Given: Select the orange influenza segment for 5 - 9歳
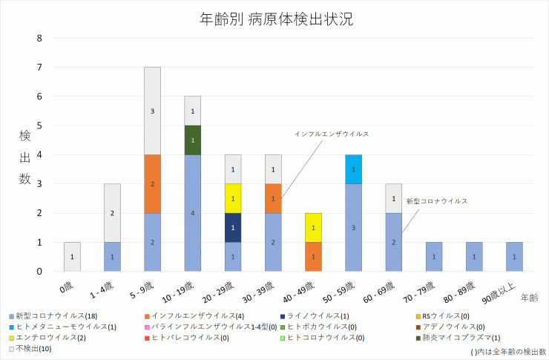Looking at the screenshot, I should click(152, 183).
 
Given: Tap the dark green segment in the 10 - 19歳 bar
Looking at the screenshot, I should click(192, 140).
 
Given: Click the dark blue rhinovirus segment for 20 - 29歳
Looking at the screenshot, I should click(232, 227).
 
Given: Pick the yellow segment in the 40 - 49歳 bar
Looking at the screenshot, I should click(312, 227).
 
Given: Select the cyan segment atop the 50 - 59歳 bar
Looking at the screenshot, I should click(353, 169).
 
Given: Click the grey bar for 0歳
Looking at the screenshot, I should click(72, 257).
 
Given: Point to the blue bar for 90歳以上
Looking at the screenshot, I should click(513, 257).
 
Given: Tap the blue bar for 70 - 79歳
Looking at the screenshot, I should click(433, 257).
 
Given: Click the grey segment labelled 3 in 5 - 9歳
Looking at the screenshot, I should click(152, 111).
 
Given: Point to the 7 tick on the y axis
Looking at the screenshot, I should click(40, 68).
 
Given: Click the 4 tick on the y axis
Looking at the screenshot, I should click(40, 155).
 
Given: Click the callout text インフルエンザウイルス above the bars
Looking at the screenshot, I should click(331, 134).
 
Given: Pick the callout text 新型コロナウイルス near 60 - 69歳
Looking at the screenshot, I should click(436, 201).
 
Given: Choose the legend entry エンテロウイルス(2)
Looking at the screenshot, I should click(46, 337).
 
